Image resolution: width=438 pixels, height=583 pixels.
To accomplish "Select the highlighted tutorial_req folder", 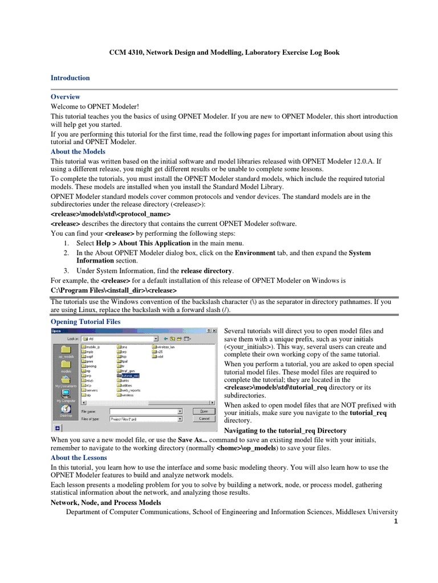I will point(126,376).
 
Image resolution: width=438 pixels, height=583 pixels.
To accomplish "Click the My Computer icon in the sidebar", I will point(66,395).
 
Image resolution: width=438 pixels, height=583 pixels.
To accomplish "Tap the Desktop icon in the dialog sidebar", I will point(66,412).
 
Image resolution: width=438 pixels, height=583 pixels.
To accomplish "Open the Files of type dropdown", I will point(145,418).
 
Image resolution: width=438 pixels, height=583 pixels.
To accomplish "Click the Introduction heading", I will point(70,78).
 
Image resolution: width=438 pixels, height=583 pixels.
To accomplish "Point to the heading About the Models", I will point(78,152).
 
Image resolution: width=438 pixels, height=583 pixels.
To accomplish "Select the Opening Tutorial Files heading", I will point(86,322).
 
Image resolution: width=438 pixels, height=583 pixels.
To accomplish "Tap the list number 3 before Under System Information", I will point(66,271).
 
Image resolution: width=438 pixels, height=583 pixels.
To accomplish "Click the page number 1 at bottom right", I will point(395,523).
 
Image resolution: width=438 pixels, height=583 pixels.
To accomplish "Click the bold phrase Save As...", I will point(193,440).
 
